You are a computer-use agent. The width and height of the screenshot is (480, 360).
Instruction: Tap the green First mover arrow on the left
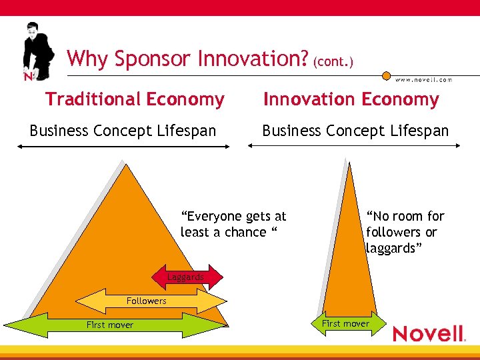coord(113,325)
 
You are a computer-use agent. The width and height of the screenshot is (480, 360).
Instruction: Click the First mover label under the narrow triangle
coord(345,323)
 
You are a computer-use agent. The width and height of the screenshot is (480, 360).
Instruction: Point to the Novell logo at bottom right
coord(428,333)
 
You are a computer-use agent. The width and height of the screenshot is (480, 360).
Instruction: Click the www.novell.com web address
coord(423,79)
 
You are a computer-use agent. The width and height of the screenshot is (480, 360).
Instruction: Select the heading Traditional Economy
coord(135,100)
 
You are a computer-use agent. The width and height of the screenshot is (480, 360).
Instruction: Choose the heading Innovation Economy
coord(351,100)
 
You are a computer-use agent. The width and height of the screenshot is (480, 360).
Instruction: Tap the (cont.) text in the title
coord(333,61)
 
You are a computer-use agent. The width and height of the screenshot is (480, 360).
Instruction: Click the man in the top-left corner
coord(37,52)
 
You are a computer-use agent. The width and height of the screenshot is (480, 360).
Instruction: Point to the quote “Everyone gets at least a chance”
coord(233,224)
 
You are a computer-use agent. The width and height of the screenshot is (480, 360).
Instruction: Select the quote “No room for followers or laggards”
coord(404,232)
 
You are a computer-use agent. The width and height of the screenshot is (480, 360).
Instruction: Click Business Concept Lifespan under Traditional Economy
coord(123,131)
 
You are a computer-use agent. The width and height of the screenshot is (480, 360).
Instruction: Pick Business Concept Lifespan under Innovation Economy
coord(355,131)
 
